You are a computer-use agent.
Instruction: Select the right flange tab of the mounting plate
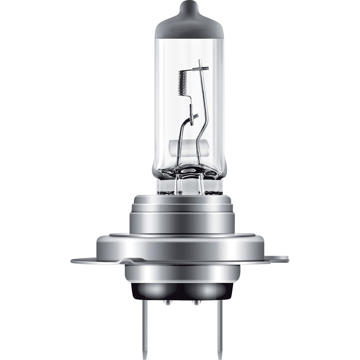click(x=277, y=259)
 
